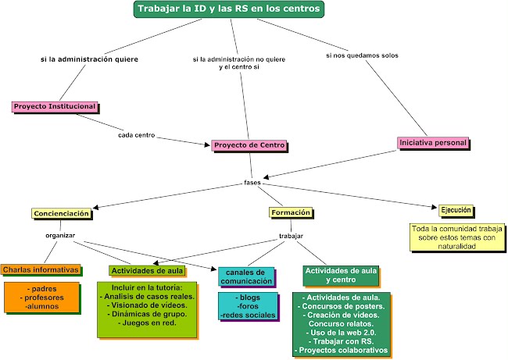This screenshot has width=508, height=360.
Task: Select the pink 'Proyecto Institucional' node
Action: (55, 106)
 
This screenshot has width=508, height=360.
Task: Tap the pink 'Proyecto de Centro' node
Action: (249, 145)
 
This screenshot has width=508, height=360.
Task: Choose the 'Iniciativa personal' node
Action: (433, 143)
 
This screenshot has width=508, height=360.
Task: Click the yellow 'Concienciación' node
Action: (62, 213)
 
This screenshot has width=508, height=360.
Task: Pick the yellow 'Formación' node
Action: (291, 212)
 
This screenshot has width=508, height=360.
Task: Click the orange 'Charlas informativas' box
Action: (41, 269)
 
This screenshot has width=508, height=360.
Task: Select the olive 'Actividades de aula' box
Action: (148, 270)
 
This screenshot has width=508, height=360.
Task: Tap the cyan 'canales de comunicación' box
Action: (246, 276)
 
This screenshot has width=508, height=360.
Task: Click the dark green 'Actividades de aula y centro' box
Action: (340, 274)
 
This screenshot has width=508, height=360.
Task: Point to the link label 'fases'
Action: (252, 183)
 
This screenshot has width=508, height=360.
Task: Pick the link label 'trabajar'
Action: (291, 235)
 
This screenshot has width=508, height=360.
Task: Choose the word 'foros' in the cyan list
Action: (248, 306)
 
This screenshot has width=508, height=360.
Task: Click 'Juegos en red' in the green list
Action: (147, 323)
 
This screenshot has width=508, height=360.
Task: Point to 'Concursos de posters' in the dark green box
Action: (341, 306)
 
